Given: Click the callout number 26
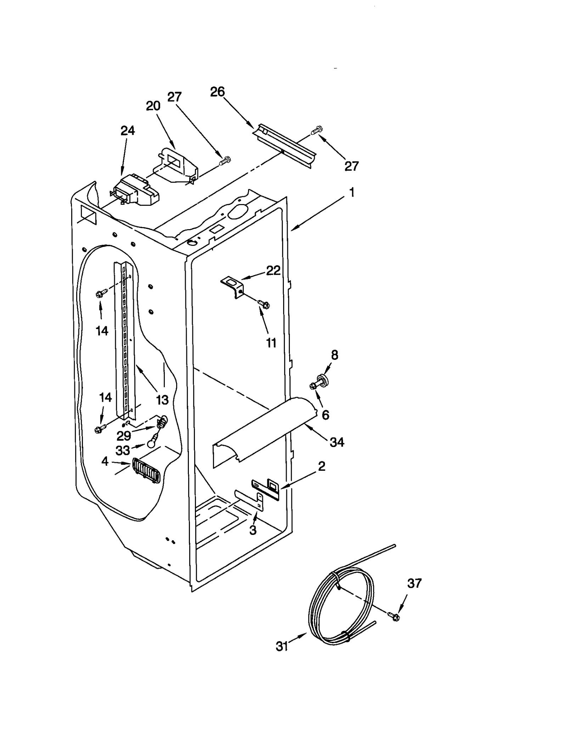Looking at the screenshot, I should (x=217, y=92).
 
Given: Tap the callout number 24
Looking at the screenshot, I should (x=128, y=131).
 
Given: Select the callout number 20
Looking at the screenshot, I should (x=153, y=106).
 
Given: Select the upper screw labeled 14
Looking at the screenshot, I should (x=101, y=293).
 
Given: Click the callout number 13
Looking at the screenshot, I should (x=162, y=400).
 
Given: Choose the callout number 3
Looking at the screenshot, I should (x=253, y=530).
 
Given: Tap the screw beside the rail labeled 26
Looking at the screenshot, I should (x=317, y=130).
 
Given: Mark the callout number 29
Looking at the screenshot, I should (x=124, y=435).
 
